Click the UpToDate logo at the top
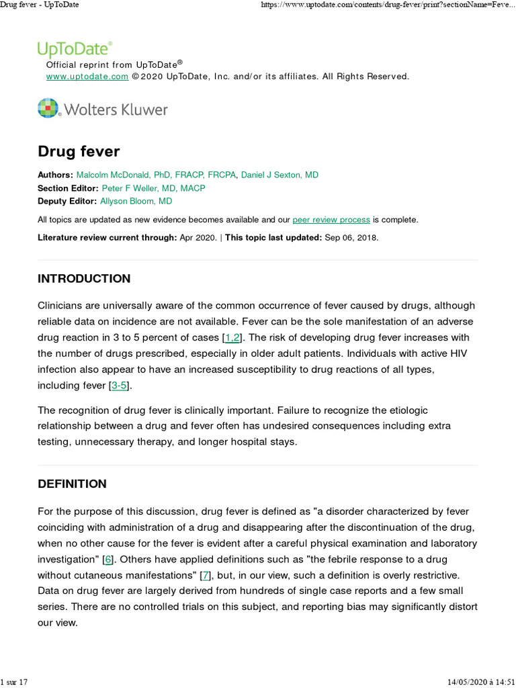(75, 48)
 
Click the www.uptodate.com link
(87, 77)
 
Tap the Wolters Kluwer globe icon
(48, 108)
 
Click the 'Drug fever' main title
(79, 151)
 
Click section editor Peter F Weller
(153, 188)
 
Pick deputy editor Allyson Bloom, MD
(136, 201)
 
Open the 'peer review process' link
(331, 220)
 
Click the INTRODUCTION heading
(84, 279)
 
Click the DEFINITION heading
(72, 484)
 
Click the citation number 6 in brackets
(107, 559)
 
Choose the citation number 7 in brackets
(206, 575)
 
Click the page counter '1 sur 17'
(14, 682)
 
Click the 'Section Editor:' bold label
(68, 188)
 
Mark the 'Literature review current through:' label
(107, 238)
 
